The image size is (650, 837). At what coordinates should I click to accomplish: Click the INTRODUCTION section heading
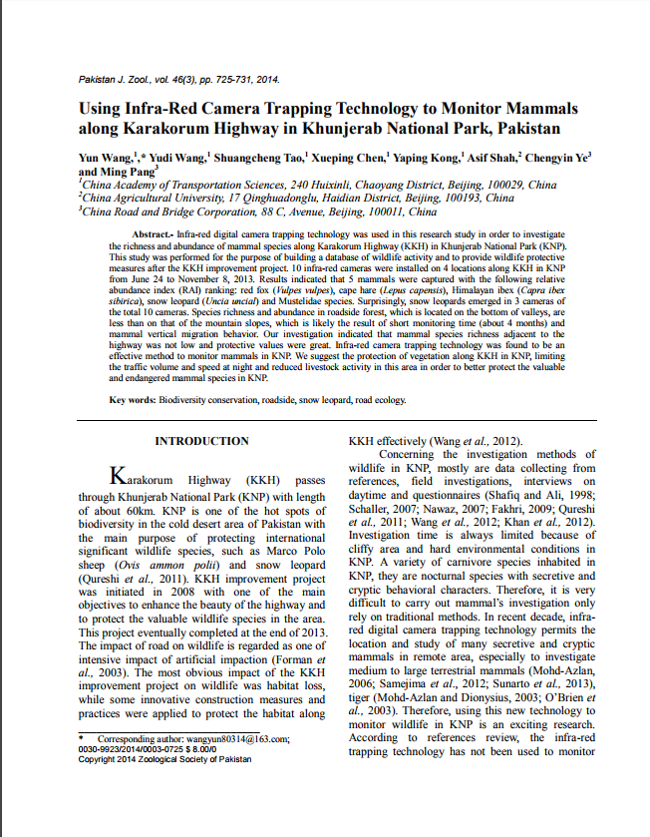click(x=201, y=441)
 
